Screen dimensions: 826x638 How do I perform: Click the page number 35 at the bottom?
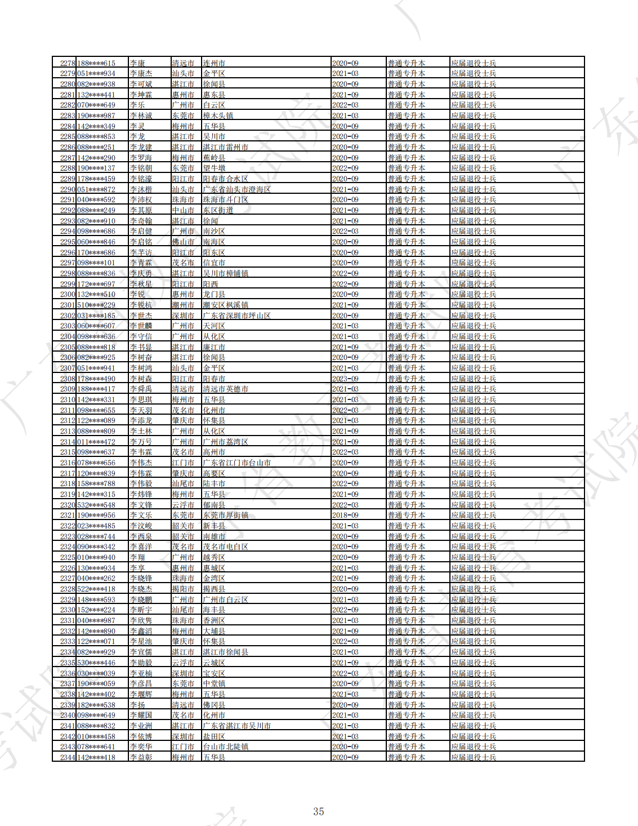click(x=319, y=811)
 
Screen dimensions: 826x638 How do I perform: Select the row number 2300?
click(x=68, y=295)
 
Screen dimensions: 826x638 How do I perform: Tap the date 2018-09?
click(x=345, y=516)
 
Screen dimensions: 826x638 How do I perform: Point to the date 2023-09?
click(x=345, y=379)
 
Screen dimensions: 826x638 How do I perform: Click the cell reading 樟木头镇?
click(x=218, y=116)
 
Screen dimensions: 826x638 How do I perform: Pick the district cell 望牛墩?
click(x=214, y=168)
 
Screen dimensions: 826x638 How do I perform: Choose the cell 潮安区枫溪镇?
click(x=225, y=305)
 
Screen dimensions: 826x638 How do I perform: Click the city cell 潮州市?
click(x=183, y=305)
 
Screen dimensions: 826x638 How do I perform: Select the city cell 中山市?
click(x=183, y=210)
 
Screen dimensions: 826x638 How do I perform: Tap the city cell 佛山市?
click(x=183, y=242)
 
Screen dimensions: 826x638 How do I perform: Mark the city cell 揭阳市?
click(x=183, y=589)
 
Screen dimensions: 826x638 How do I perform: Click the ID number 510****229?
click(x=96, y=305)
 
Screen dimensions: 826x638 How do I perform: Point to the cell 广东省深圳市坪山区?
click(x=237, y=316)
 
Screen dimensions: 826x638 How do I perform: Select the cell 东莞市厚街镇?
click(x=225, y=516)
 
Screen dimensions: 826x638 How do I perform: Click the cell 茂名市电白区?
click(x=225, y=547)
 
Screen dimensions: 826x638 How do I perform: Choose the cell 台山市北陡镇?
click(x=225, y=747)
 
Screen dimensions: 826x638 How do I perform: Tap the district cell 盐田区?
click(x=214, y=736)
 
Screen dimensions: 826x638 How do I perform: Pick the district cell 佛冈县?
click(x=214, y=705)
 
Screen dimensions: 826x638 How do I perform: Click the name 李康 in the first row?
click(x=137, y=63)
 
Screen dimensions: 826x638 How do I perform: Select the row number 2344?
click(x=68, y=757)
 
